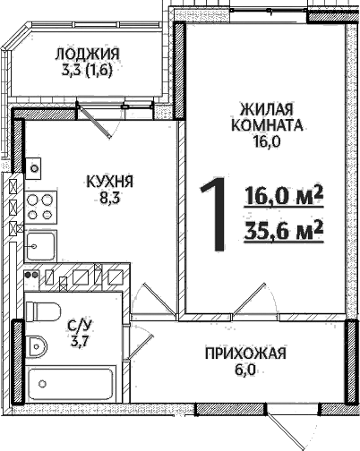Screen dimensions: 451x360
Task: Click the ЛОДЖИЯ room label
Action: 87,54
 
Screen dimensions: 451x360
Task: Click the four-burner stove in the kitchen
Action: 40,207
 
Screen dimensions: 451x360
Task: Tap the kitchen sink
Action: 41,244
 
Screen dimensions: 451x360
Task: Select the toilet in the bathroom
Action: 40,345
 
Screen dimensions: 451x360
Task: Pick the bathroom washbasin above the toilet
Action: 41,311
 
